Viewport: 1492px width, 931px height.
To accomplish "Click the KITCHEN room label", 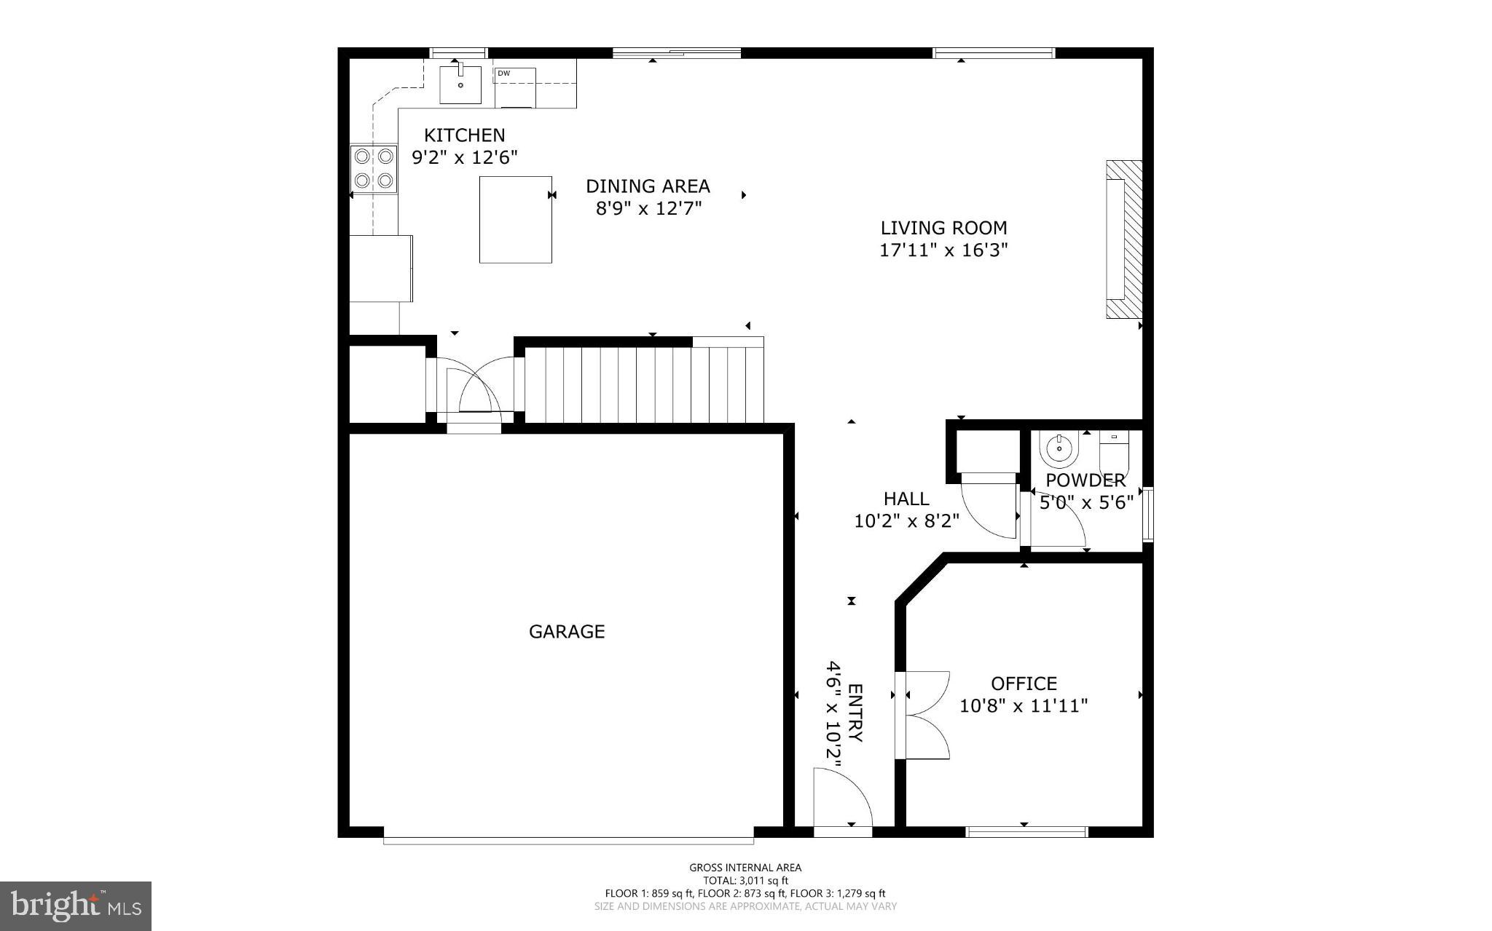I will click(464, 135).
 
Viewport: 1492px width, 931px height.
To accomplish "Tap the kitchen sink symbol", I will click(460, 84).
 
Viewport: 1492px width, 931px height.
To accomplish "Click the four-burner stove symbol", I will click(374, 168).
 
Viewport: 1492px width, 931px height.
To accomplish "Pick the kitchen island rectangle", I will click(515, 219).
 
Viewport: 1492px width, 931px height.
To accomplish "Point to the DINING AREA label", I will click(648, 186).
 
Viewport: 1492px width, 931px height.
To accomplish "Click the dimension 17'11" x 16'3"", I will click(943, 250).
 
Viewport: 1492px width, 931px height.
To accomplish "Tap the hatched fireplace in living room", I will click(1123, 239).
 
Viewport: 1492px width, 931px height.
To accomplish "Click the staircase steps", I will click(644, 384).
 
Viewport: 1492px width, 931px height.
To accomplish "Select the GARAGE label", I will click(567, 631).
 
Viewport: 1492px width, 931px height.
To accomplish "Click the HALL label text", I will click(906, 499).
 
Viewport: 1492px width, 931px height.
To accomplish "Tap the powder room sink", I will click(1059, 450).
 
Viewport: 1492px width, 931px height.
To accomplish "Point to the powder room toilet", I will click(1113, 451).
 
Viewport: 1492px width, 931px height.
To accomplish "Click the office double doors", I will click(924, 716).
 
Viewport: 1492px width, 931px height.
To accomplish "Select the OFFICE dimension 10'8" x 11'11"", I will click(1024, 706).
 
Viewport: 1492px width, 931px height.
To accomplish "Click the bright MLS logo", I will click(76, 906).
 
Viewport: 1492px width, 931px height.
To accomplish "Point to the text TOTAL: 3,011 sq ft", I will click(745, 880).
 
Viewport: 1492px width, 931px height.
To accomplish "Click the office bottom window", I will click(1026, 831).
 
